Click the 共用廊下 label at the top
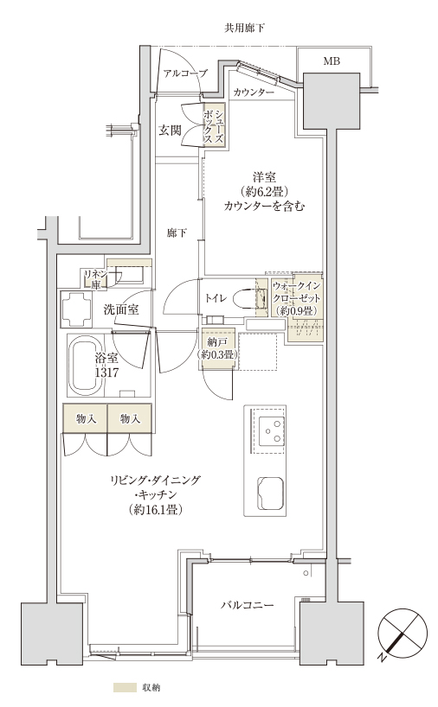(244, 29)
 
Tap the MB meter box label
(332, 61)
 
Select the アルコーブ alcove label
(185, 73)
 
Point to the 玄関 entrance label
(170, 131)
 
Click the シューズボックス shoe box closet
(214, 124)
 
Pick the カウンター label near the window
(254, 92)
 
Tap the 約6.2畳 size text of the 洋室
(265, 192)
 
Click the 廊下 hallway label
(177, 233)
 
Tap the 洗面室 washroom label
(121, 309)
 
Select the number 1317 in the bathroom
(107, 373)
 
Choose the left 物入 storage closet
(85, 418)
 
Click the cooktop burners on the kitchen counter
(272, 430)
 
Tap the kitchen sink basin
(271, 494)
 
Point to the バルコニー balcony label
(248, 605)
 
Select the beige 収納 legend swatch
(125, 688)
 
